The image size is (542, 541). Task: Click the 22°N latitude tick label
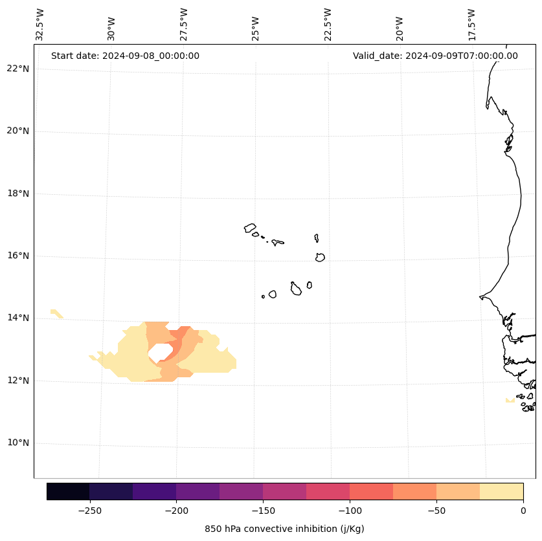18,69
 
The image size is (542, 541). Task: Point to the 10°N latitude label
18,443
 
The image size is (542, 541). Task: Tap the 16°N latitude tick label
18,256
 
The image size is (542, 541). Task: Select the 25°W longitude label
256,25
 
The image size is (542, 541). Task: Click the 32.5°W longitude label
40,25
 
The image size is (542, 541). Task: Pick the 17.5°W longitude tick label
471,25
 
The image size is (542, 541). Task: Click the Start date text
125,56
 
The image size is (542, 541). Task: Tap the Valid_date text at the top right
435,56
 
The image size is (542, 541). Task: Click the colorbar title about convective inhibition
284,529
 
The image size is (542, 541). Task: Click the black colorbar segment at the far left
68,491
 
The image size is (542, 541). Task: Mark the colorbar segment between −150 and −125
284,491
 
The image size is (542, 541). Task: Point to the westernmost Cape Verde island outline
250,228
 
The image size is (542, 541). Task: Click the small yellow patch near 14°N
56,313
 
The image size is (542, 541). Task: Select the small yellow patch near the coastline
510,400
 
